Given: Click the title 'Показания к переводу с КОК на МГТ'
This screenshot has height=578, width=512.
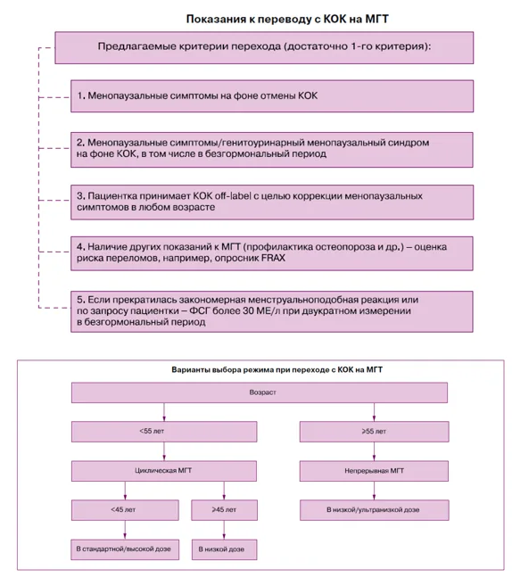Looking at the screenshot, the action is point(287,19).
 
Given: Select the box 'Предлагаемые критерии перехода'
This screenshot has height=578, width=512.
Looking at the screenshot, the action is point(264,48).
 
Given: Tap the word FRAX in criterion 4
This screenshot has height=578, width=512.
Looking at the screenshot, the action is point(273,258).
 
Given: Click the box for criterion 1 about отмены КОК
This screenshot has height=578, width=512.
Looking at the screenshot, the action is point(272,96).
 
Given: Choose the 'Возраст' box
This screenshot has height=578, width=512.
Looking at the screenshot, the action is point(260,392).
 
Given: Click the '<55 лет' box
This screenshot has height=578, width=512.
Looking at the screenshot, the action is point(164,432).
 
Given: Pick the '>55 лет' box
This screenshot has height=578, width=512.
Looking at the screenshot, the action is point(374,432).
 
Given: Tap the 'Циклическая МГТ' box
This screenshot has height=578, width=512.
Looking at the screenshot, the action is point(164,471).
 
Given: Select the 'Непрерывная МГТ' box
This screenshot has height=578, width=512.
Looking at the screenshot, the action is point(374,471).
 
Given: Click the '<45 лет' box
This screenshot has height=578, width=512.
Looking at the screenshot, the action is point(125,510).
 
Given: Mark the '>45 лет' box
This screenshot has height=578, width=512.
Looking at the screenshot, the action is point(224,510).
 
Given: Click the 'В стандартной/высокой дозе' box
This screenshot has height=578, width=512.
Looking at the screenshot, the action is point(125,549).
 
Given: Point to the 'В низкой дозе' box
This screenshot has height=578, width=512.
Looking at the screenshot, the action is point(224,549).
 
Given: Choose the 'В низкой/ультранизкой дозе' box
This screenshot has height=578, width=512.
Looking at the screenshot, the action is point(374,510).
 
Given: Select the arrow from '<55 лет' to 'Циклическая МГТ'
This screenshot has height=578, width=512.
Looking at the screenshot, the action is point(164,451).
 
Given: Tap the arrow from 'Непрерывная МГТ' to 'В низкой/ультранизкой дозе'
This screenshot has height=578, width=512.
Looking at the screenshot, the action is point(374,491).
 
